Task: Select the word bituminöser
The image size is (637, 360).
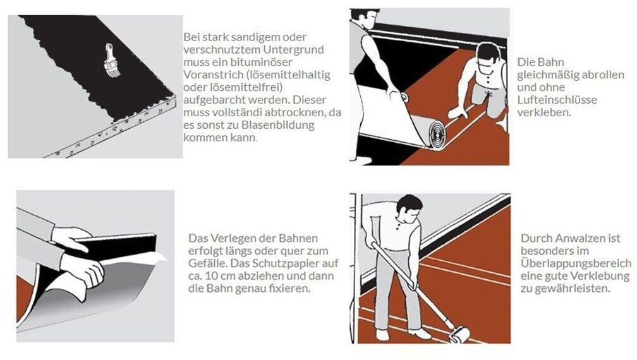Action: pyautogui.click(x=267, y=62)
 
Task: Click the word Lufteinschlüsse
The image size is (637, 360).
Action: pyautogui.click(x=557, y=100)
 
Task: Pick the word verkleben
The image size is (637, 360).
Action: pyautogui.click(x=544, y=112)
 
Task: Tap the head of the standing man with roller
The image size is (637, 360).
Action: pyautogui.click(x=408, y=207)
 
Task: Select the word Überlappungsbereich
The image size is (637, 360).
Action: pyautogui.click(x=576, y=263)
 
